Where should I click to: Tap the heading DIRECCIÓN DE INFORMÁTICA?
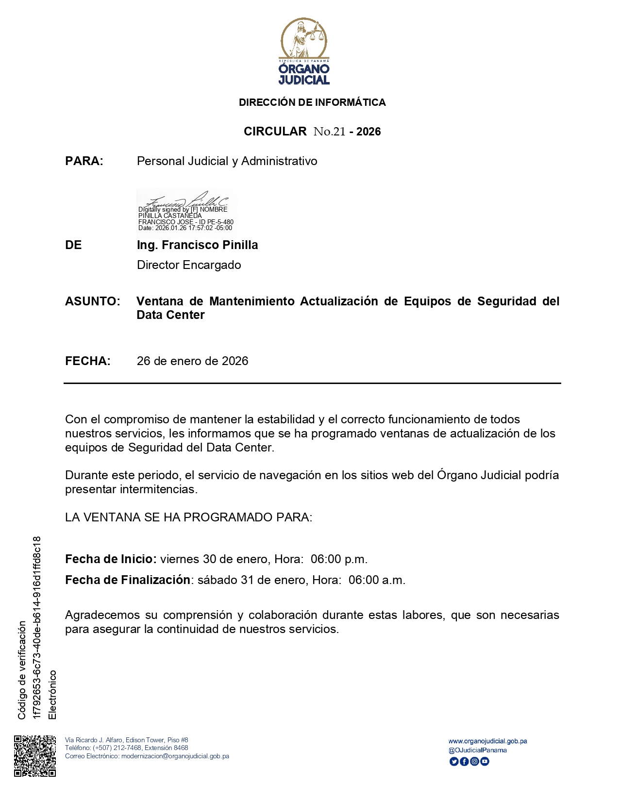click(x=312, y=102)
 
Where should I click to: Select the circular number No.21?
click(x=330, y=132)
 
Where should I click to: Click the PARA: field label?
click(x=84, y=161)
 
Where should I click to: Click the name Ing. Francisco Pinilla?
click(x=197, y=245)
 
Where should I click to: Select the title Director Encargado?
click(x=189, y=265)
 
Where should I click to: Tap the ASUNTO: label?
click(x=92, y=301)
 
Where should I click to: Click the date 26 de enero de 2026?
click(x=192, y=361)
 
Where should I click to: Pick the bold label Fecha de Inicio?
click(x=110, y=559)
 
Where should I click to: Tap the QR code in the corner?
click(x=35, y=756)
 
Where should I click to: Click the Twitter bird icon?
click(x=454, y=762)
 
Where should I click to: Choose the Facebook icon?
click(x=464, y=762)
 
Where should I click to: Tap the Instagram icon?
click(x=474, y=762)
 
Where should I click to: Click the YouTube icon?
click(x=485, y=762)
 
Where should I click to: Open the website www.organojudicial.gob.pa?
click(x=487, y=741)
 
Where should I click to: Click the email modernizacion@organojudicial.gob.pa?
click(x=175, y=756)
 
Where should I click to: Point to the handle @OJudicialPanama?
click(x=477, y=751)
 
